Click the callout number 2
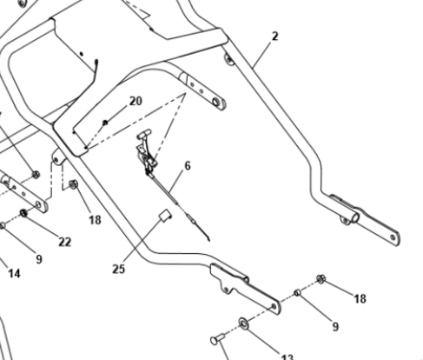(274, 37)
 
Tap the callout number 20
(135, 101)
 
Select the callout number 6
(188, 166)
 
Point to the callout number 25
(118, 269)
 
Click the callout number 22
(65, 242)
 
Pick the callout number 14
(14, 273)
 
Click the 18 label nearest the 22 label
(95, 220)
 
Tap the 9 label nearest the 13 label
(335, 327)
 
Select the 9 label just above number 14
(39, 259)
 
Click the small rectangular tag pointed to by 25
(165, 216)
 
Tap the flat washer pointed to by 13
(244, 323)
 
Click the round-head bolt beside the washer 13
(217, 339)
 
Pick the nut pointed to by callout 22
(23, 213)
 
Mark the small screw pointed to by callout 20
(105, 123)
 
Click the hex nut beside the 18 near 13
(321, 279)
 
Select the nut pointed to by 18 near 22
(73, 184)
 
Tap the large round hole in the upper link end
(216, 102)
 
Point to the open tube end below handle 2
(355, 217)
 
